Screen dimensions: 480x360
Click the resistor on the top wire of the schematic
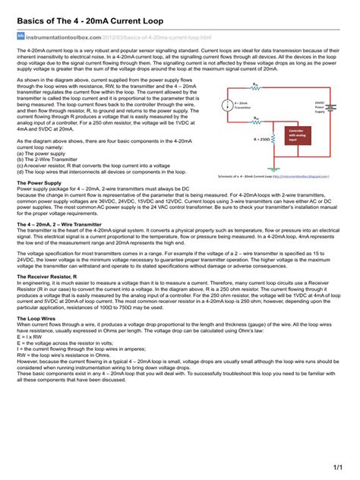click(x=255, y=90)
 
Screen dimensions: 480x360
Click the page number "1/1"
click(x=338, y=464)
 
